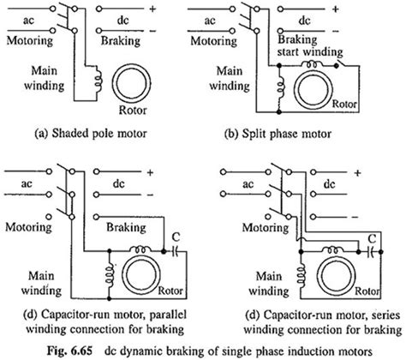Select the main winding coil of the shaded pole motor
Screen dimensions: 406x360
(x=99, y=79)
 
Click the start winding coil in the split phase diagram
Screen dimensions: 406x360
(x=313, y=64)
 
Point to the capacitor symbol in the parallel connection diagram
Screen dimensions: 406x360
(x=176, y=251)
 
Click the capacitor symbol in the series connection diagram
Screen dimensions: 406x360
(x=371, y=252)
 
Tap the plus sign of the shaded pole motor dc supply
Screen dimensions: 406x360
(x=152, y=9)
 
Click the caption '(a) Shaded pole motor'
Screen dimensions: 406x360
(x=91, y=134)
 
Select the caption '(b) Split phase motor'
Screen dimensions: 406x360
(x=278, y=134)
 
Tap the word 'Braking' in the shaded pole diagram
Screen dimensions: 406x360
(x=121, y=40)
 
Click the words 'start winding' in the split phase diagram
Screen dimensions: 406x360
(x=310, y=52)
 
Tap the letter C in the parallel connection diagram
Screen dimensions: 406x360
(x=176, y=237)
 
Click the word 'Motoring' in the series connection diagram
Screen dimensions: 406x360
(x=266, y=227)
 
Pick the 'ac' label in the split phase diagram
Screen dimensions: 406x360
(x=210, y=21)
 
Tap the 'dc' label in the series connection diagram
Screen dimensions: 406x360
(x=329, y=183)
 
